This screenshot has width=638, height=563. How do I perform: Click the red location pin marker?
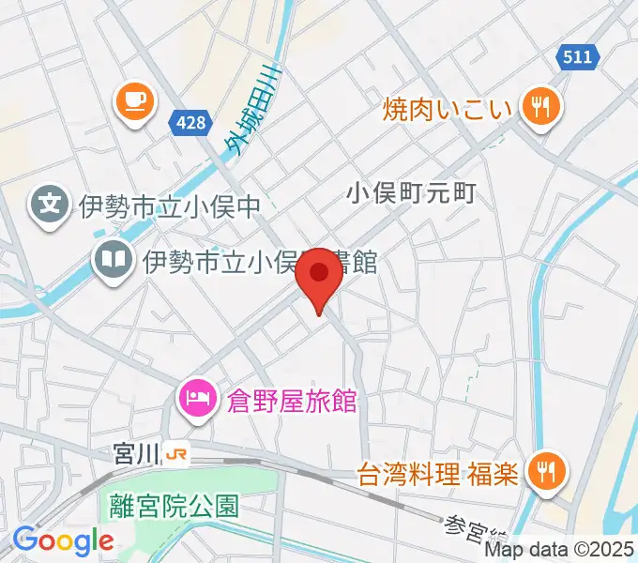(320, 277)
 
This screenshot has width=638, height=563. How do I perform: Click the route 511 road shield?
(577, 57)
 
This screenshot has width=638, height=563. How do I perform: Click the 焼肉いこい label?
(448, 109)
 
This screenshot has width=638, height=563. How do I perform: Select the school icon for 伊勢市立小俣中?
(48, 203)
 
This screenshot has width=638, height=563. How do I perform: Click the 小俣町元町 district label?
(412, 193)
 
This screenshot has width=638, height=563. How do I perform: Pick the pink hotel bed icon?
(196, 400)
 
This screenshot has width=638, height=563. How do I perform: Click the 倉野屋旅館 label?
(292, 401)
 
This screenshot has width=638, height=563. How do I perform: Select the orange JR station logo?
(175, 454)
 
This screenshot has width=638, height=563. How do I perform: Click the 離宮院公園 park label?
(173, 507)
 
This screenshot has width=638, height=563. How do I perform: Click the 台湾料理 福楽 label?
(438, 472)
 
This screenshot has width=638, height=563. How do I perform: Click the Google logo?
(63, 540)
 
